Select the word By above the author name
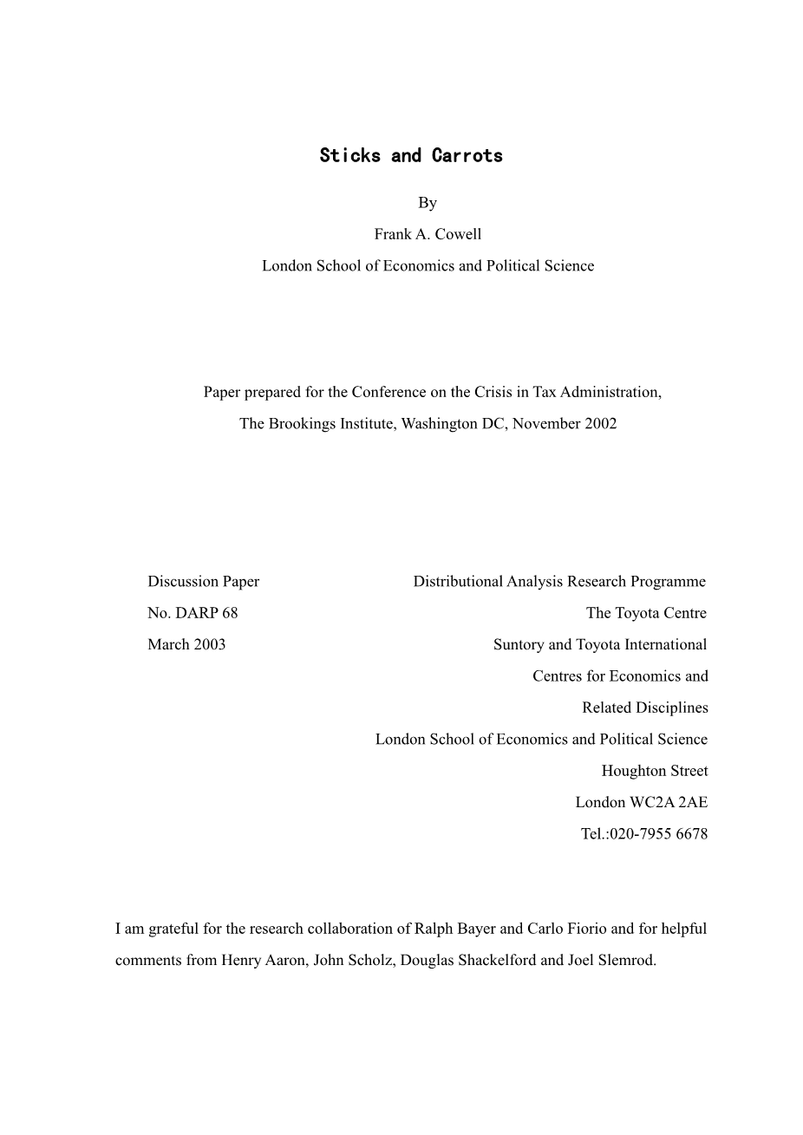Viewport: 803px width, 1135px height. (x=428, y=203)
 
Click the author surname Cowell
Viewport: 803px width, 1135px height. (x=458, y=235)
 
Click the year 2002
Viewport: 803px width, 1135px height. (x=598, y=424)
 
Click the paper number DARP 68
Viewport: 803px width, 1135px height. (x=206, y=613)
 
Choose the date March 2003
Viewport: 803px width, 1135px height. (x=186, y=645)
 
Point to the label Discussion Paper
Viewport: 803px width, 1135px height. (x=203, y=582)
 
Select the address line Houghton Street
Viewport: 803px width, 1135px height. (x=655, y=771)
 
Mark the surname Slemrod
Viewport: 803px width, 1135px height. (x=627, y=961)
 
